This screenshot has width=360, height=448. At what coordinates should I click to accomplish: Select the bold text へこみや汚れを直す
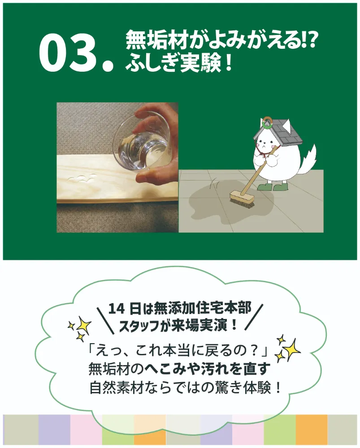[x=208, y=369]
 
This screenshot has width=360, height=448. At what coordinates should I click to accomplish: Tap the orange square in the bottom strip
[x=312, y=430]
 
